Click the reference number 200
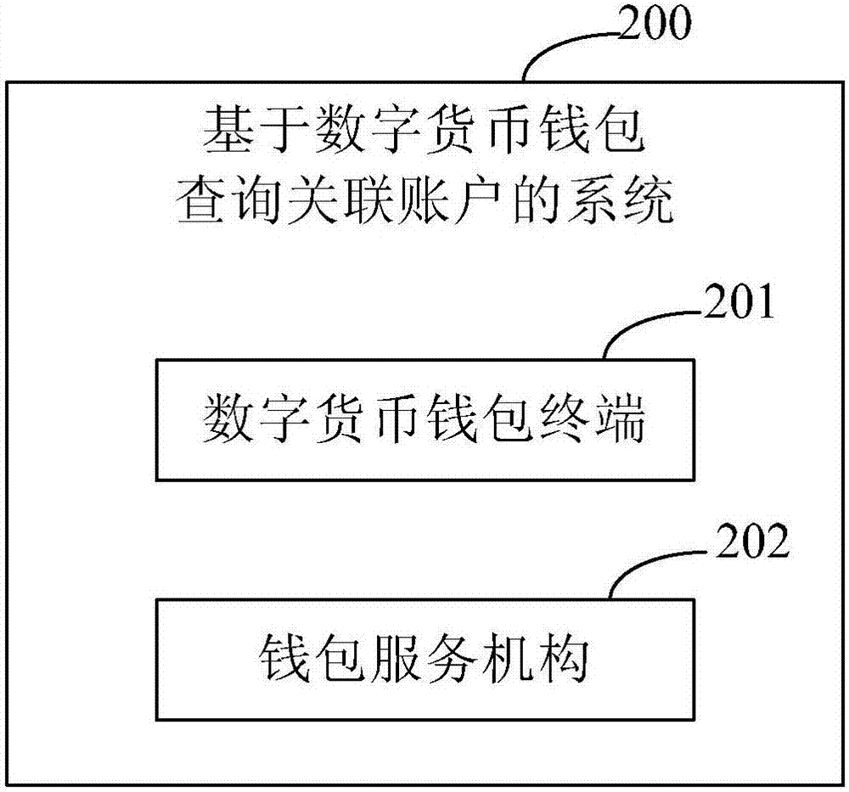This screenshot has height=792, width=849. pyautogui.click(x=655, y=26)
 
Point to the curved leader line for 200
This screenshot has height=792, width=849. pyautogui.click(x=560, y=47)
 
